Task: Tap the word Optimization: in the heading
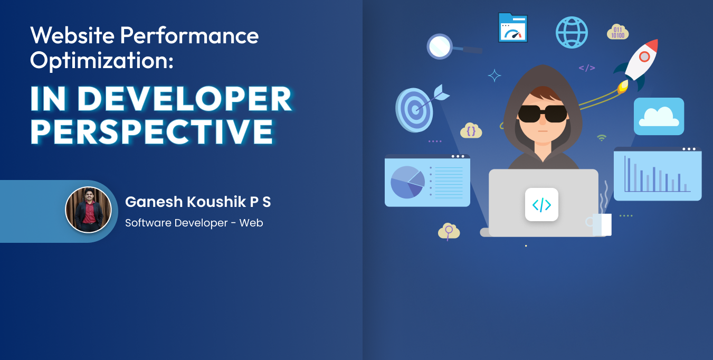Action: coord(102,61)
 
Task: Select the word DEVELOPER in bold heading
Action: coord(185,99)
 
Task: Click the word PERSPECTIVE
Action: coord(152,132)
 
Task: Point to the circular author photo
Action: coord(89,210)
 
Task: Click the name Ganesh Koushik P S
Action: coord(198,202)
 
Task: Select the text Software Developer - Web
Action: coord(194,223)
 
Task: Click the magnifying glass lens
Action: coord(440,46)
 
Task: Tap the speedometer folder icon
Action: coord(513,27)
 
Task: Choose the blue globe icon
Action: coord(572,33)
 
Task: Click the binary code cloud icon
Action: coord(618,32)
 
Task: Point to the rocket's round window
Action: coord(644,57)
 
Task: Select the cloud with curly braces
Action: coord(471,130)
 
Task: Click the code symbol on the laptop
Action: coord(542,205)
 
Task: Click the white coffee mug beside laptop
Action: coord(600,224)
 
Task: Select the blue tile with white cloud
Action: coord(659,117)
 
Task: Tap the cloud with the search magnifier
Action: coord(449,231)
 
